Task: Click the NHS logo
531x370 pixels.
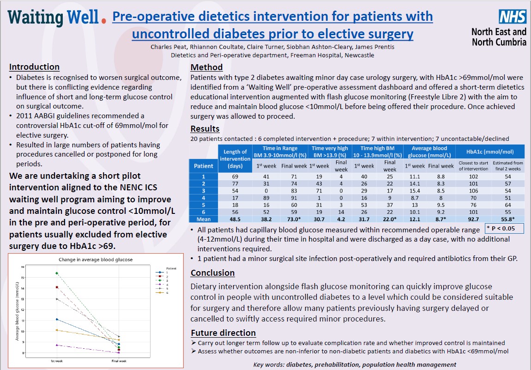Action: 513,17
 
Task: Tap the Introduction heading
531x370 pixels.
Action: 34,67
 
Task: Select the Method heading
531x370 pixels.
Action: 206,67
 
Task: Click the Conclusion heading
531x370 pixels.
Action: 212,273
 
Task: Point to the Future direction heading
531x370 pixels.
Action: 223,333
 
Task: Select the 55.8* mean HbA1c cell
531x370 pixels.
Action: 508,219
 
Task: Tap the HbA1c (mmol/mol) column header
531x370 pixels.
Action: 490,152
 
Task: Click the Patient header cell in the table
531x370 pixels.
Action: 203,166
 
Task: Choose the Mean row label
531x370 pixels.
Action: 203,219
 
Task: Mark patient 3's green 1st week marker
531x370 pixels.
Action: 57,273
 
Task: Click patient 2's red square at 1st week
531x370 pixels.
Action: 57,287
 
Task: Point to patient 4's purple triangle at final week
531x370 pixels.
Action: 119,352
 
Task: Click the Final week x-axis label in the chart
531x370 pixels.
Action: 119,360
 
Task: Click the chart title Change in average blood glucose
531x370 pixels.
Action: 96,260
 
